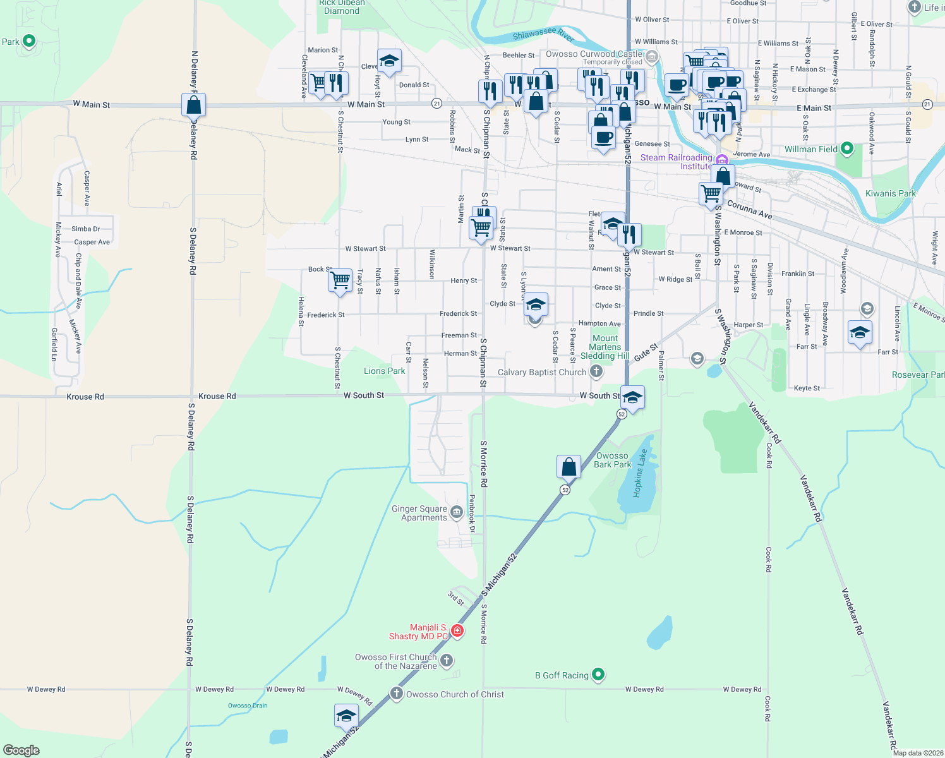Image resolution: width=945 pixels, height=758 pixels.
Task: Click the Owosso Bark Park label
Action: pyautogui.click(x=612, y=460)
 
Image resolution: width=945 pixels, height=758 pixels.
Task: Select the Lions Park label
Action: pyautogui.click(x=384, y=371)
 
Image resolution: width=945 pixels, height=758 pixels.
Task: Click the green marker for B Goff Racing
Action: pyautogui.click(x=598, y=675)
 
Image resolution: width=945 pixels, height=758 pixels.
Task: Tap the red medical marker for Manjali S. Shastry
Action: pyautogui.click(x=457, y=631)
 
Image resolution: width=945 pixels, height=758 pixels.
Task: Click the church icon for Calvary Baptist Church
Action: pyautogui.click(x=596, y=371)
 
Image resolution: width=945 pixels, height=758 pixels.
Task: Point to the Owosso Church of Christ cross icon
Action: pyautogui.click(x=396, y=694)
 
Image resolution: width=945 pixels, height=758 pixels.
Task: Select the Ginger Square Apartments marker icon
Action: pyautogui.click(x=457, y=510)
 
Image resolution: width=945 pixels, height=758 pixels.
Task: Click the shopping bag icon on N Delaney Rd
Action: pyautogui.click(x=193, y=105)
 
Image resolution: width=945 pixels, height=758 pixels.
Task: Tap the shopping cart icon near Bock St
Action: pyautogui.click(x=340, y=279)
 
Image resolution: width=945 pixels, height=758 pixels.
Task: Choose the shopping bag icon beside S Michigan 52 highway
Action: pyautogui.click(x=569, y=467)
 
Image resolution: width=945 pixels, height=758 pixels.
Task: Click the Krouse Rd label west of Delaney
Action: pyautogui.click(x=85, y=397)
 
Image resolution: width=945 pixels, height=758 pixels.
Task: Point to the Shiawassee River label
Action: pyautogui.click(x=543, y=34)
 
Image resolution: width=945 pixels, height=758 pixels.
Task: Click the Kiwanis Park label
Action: pyautogui.click(x=890, y=193)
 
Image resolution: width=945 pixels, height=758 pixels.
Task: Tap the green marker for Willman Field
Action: pyautogui.click(x=847, y=149)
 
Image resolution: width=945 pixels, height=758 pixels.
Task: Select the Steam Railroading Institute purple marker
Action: pyautogui.click(x=721, y=160)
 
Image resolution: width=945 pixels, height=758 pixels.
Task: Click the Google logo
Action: pyautogui.click(x=21, y=750)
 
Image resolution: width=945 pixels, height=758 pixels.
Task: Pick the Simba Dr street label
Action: pyautogui.click(x=85, y=229)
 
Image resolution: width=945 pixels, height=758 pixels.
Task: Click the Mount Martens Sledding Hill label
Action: pyautogui.click(x=605, y=347)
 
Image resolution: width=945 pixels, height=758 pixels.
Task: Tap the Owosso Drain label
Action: pyautogui.click(x=248, y=706)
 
